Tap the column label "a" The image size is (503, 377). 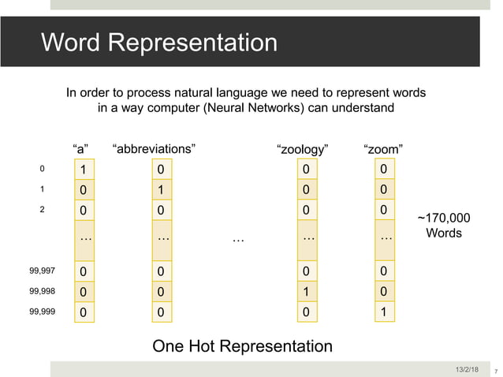point(80,147)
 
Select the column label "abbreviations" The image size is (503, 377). point(155,147)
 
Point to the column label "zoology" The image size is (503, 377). point(303,147)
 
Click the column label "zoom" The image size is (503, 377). point(384,147)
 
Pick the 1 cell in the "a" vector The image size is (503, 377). point(81,170)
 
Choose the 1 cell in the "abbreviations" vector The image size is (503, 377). point(160,189)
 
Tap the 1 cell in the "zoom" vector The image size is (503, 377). point(384,312)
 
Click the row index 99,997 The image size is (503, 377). point(42,271)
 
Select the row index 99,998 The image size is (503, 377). point(42,291)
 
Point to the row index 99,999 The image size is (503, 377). point(42,312)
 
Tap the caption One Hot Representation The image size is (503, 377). point(242,346)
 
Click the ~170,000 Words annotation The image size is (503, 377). point(443,226)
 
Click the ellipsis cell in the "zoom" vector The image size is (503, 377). point(384,237)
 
